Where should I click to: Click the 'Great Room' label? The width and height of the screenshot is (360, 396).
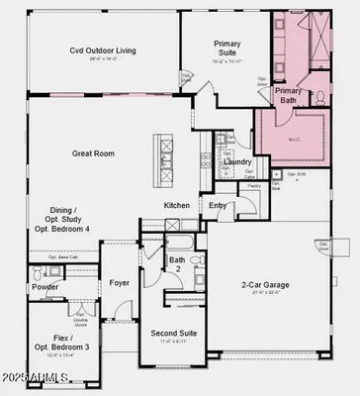click(95, 153)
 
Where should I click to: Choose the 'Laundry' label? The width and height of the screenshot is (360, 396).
click(238, 161)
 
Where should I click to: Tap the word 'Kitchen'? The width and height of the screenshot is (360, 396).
click(177, 205)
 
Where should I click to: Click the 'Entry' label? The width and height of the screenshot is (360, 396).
click(217, 205)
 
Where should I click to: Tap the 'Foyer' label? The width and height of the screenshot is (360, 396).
click(120, 282)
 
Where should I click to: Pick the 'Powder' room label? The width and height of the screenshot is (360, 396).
click(45, 287)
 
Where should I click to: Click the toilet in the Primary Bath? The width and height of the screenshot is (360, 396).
click(319, 97)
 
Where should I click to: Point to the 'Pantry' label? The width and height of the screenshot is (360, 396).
click(254, 185)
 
